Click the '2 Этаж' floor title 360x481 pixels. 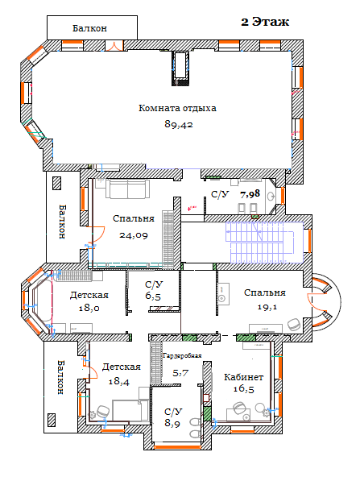265,22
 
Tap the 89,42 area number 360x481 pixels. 179,124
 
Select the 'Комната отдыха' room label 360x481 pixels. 177,108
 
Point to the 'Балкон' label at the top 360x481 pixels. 89,28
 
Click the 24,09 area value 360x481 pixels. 134,235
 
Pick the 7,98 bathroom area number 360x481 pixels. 250,193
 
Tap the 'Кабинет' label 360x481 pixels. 244,377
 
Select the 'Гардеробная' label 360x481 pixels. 182,356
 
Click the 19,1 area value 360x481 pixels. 267,307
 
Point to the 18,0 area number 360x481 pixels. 89,308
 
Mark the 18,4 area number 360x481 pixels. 119,381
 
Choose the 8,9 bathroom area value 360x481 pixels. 172,423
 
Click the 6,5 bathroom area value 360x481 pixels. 153,296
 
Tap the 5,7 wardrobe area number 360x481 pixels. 180,373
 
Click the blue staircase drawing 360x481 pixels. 264,243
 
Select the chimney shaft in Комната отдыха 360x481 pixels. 180,68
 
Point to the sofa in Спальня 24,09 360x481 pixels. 128,189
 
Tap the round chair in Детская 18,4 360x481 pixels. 103,411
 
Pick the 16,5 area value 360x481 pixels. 244,389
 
